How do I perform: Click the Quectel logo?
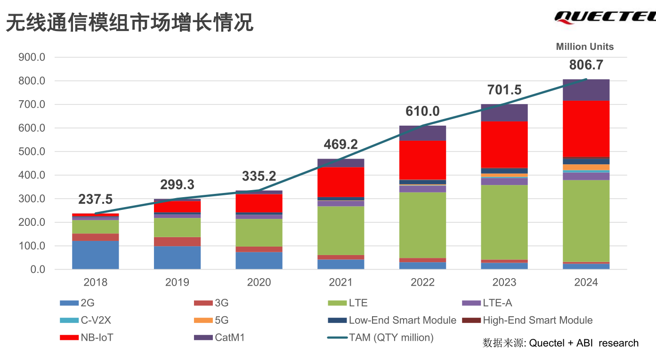[605, 17]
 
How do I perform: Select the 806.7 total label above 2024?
[586, 65]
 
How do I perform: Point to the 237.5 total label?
[95, 200]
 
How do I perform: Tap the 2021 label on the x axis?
[340, 282]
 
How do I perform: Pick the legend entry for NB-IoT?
[87, 337]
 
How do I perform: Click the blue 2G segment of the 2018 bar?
[95, 255]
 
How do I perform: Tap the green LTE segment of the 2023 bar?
[504, 222]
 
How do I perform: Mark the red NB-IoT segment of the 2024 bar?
[586, 128]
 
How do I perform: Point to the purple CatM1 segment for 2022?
[422, 133]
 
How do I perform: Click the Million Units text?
[584, 47]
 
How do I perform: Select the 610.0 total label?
[422, 112]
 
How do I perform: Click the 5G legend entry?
[211, 320]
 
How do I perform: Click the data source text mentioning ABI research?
[560, 343]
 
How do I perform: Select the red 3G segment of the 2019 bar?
[177, 241]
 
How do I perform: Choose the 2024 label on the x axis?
[586, 282]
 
